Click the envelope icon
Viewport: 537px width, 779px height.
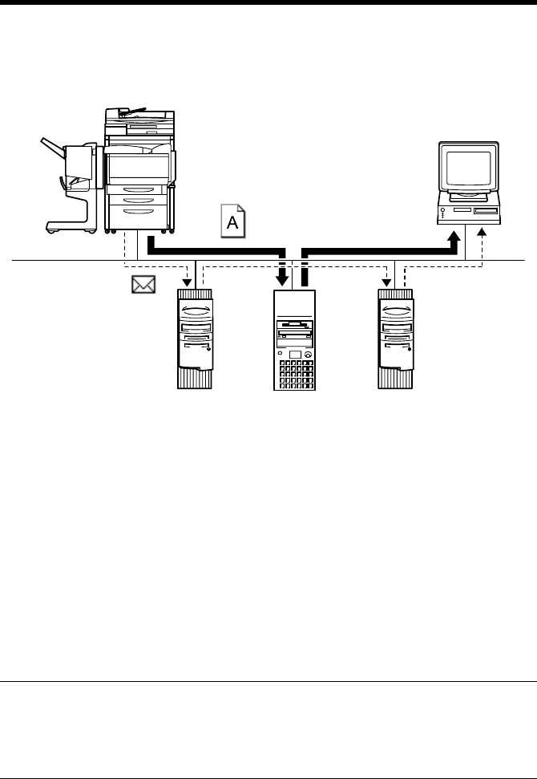point(143,285)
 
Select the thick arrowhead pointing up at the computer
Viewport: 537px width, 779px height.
point(454,237)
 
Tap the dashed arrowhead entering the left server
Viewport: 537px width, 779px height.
point(187,282)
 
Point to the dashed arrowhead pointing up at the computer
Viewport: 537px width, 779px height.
point(481,233)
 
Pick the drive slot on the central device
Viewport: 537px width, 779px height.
point(294,329)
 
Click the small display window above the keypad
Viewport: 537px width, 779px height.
point(294,354)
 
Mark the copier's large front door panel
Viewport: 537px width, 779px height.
point(138,167)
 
